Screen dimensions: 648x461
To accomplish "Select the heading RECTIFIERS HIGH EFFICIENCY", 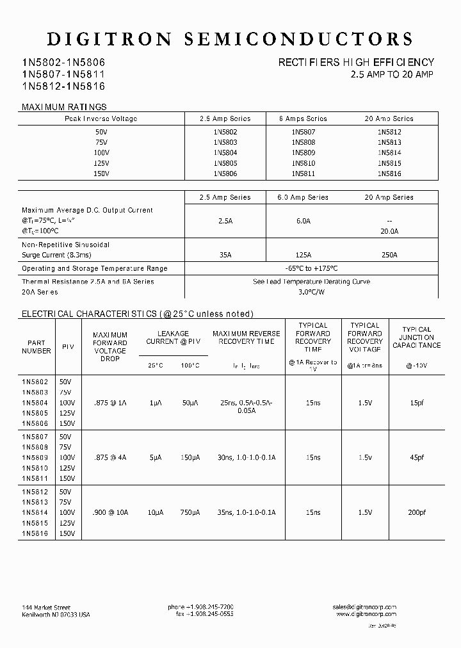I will [x=356, y=63].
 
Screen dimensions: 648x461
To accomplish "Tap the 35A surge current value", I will [x=225, y=255].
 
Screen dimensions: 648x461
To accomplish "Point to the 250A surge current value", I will [x=389, y=255].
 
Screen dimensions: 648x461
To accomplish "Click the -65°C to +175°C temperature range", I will [x=311, y=269].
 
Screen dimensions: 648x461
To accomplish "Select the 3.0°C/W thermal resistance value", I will [x=311, y=292].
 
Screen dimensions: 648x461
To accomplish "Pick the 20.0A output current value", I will [x=389, y=232].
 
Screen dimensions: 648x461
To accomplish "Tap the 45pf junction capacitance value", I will [x=417, y=457].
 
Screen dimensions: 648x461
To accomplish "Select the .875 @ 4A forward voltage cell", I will [x=110, y=457].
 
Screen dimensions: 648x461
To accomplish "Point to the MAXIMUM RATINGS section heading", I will [x=64, y=107].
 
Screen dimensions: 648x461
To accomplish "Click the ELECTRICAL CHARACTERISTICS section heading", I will [x=138, y=314].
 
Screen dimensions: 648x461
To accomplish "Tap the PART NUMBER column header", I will [x=36, y=346].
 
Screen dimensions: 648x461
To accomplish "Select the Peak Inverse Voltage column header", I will [x=101, y=118].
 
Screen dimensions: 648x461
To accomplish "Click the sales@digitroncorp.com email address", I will [x=364, y=606].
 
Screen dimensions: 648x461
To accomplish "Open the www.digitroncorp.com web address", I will [x=366, y=614].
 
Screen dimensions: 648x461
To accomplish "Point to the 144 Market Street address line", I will [x=46, y=607].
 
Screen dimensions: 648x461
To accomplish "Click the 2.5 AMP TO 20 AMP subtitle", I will [x=392, y=74].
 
